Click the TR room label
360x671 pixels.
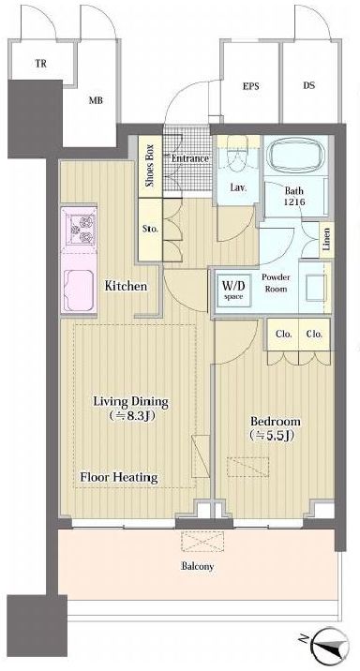pos(41,64)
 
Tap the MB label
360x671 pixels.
pos(96,101)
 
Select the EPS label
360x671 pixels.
pos(251,86)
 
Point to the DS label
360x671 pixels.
pos(309,85)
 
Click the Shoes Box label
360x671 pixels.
pos(150,167)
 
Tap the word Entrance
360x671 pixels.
pos(190,158)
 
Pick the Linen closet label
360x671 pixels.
pos(326,240)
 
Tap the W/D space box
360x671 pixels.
pos(233,290)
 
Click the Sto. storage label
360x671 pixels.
pos(150,229)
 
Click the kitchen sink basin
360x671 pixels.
pos(79,291)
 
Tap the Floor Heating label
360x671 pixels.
pos(119,477)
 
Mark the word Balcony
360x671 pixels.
pos(197,567)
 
